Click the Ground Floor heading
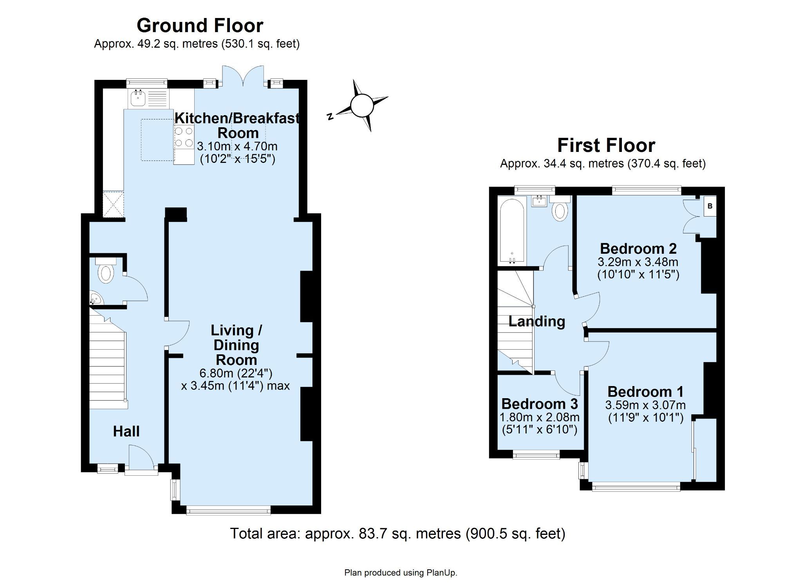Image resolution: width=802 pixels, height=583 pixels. [x=200, y=26]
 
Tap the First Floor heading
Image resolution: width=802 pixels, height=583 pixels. [x=606, y=146]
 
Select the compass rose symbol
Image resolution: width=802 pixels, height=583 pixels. [x=361, y=106]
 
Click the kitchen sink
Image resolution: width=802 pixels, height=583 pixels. [x=138, y=98]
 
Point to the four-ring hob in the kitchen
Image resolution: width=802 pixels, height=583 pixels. [x=184, y=137]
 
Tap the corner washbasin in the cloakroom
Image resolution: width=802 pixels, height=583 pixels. [x=95, y=299]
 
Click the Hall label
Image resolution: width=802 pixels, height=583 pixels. [x=126, y=431]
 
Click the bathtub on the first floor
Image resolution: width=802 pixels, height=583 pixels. [x=512, y=231]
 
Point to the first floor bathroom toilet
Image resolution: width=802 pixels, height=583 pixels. [x=560, y=209]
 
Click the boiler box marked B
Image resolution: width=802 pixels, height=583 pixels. [x=710, y=206]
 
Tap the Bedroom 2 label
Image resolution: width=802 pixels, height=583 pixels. [x=638, y=249]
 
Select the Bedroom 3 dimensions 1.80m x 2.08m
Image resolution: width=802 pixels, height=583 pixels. [x=540, y=417]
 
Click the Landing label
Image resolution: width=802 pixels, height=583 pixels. [x=536, y=321]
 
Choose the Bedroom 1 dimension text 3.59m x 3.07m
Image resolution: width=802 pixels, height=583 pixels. [x=645, y=405]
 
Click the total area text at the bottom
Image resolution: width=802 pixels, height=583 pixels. [x=397, y=534]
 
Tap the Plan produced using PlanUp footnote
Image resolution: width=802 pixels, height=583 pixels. [x=401, y=573]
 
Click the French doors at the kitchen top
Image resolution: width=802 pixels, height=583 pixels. [x=243, y=76]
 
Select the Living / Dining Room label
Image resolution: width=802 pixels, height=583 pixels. [x=237, y=345]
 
